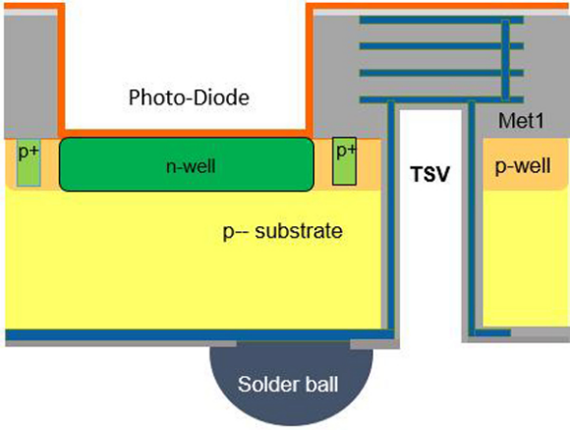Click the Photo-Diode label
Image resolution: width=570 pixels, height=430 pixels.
pyautogui.click(x=189, y=97)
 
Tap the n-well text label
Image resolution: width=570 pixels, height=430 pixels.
pyautogui.click(x=191, y=166)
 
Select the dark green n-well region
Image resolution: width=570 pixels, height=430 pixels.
pyautogui.click(x=186, y=164)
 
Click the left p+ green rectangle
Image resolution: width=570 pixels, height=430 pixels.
pyautogui.click(x=28, y=162)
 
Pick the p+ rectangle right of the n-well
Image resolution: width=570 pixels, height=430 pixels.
pyautogui.click(x=344, y=161)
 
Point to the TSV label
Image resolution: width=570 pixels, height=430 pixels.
pyautogui.click(x=430, y=174)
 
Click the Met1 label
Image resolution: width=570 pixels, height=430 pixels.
pyautogui.click(x=521, y=120)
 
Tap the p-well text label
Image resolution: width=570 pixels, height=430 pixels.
pyautogui.click(x=523, y=166)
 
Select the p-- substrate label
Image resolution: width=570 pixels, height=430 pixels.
pyautogui.click(x=282, y=231)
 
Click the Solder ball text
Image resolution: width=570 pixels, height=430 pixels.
pyautogui.click(x=288, y=384)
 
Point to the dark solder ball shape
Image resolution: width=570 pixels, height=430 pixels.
pyautogui.click(x=291, y=383)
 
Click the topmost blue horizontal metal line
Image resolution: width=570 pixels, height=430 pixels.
pyautogui.click(x=441, y=20)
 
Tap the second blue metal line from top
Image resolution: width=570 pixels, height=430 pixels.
pyautogui.click(x=441, y=46)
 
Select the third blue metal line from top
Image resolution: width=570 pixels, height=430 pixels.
pyautogui.click(x=441, y=73)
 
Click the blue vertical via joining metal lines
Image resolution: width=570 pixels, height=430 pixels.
pyautogui.click(x=505, y=60)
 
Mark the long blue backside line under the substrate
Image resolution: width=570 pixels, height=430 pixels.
pyautogui.click(x=199, y=335)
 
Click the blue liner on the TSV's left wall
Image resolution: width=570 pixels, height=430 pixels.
pyautogui.click(x=391, y=215)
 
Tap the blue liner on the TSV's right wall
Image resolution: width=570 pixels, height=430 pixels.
pyautogui.click(x=472, y=217)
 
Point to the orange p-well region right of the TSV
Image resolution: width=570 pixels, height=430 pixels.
pyautogui.click(x=525, y=164)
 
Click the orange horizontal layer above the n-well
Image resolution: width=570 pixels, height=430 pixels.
pyautogui.click(x=186, y=133)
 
